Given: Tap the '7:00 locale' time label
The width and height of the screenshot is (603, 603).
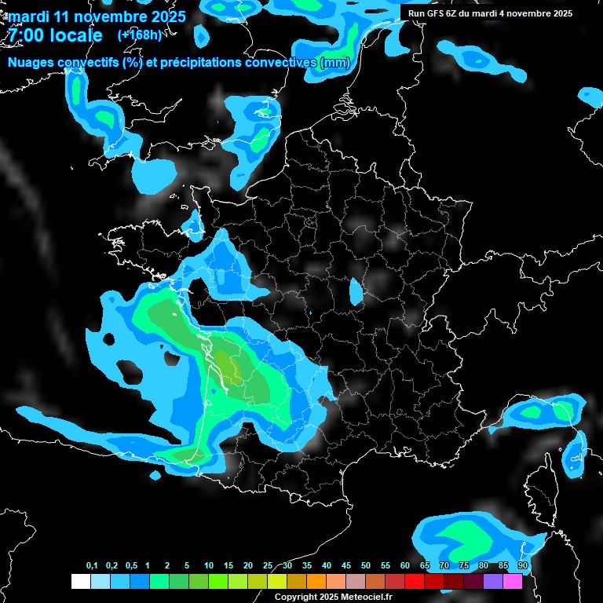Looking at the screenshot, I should pos(53,36).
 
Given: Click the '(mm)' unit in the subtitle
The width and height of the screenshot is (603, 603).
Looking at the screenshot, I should pos(334,63).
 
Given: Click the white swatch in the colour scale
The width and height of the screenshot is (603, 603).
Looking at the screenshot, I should pos(80,582).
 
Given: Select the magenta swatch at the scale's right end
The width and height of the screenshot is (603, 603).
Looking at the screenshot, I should pos(513,582).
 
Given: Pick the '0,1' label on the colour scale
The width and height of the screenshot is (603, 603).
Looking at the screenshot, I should pos(92,566).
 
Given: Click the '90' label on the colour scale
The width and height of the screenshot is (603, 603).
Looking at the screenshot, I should pos(522,566).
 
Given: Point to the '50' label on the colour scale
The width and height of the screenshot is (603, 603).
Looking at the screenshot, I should pos(366,566).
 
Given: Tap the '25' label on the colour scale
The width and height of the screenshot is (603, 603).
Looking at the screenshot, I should pos(268,566).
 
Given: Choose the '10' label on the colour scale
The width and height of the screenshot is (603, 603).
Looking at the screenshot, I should pos(209,566).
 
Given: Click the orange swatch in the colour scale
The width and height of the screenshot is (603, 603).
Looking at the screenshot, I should pos(316,582).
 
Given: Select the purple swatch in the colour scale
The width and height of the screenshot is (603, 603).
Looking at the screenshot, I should pos(493,582).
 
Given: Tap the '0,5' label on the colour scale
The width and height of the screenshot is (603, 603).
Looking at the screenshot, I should pos(130,566).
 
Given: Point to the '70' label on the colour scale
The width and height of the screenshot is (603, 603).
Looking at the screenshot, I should pos(444,566).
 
